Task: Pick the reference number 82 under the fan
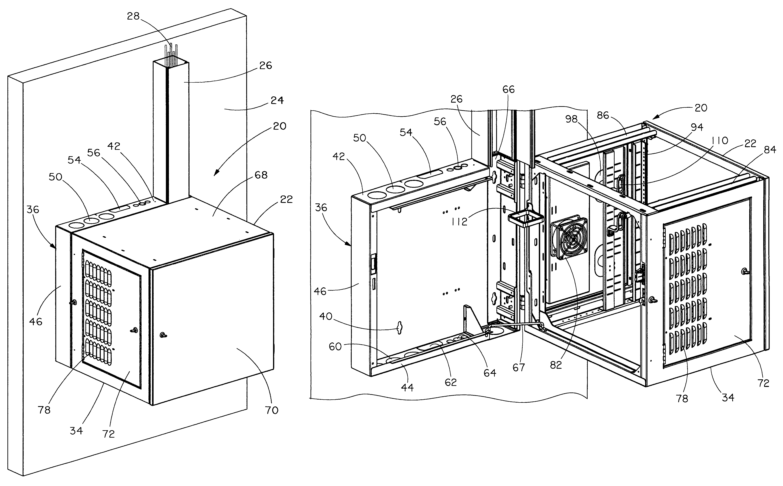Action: pos(556,365)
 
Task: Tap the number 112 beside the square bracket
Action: pos(459,221)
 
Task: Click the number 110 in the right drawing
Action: pos(720,141)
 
